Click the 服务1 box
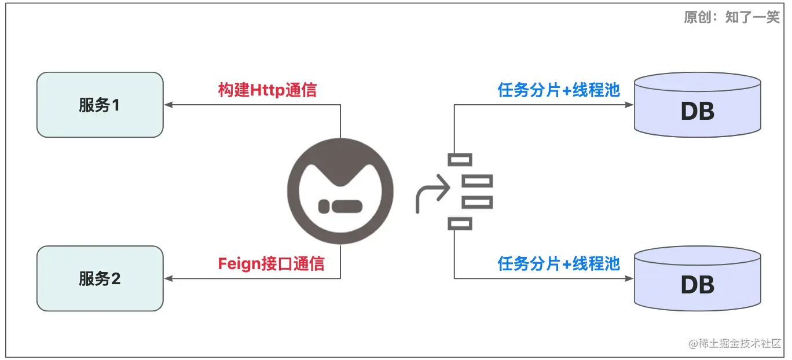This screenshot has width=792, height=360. tap(100, 105)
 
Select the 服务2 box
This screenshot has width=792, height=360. tap(100, 278)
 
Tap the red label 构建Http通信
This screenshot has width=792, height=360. tap(267, 90)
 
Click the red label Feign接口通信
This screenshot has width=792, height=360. tap(271, 264)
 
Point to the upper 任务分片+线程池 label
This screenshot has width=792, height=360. tap(559, 90)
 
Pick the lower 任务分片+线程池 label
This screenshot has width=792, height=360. tap(559, 264)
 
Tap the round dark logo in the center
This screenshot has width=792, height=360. tap(340, 191)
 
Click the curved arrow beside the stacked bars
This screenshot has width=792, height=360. tap(431, 194)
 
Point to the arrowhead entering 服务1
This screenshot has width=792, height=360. tap(168, 105)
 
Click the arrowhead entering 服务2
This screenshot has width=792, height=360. tap(168, 278)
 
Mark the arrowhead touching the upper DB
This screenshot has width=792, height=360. tap(630, 105)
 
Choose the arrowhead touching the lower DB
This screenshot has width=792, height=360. tap(630, 278)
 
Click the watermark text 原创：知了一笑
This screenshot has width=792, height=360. tap(732, 17)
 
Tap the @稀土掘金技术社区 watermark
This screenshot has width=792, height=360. tap(735, 343)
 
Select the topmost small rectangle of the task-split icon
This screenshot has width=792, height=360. tap(460, 160)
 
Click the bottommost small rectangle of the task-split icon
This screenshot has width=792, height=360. tap(460, 223)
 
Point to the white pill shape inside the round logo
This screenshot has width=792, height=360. tap(340, 206)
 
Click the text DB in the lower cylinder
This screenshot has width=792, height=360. tap(697, 285)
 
